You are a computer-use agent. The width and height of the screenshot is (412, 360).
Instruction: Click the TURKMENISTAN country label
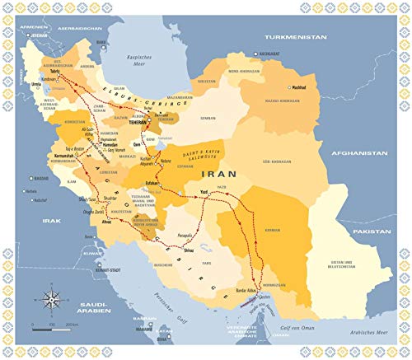click(x=293, y=38)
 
